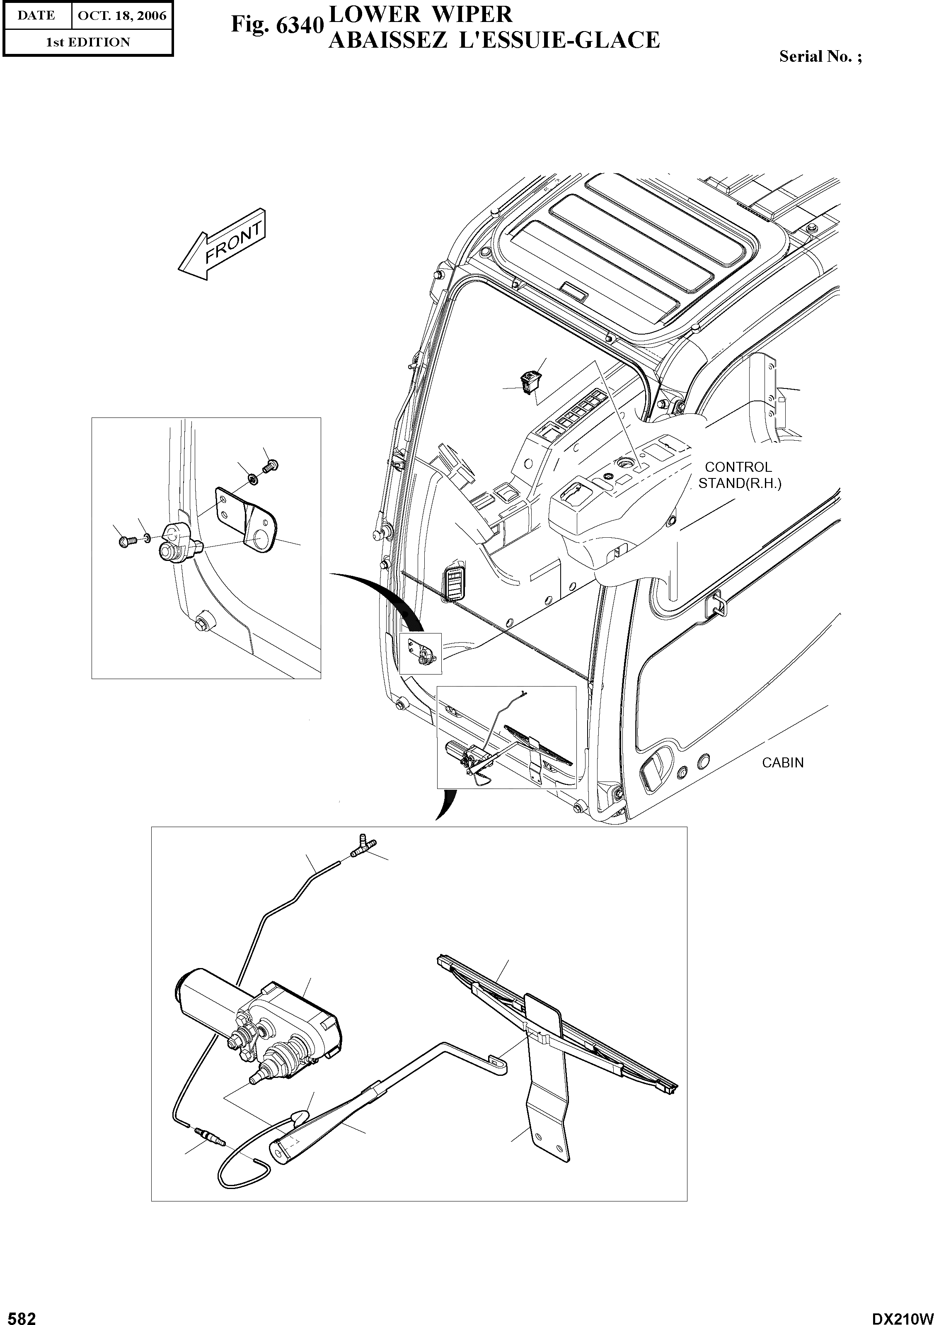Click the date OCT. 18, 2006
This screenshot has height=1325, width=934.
pyautogui.click(x=122, y=16)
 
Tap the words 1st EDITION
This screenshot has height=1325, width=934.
pyautogui.click(x=88, y=42)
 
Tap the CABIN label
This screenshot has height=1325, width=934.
pyautogui.click(x=782, y=762)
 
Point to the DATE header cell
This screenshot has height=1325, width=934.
pyautogui.click(x=36, y=16)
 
